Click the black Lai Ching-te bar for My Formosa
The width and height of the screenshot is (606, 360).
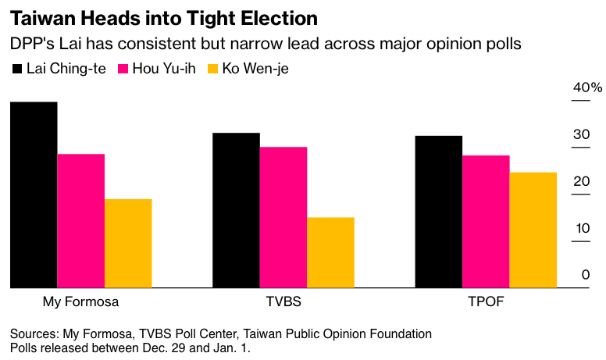click(34, 195)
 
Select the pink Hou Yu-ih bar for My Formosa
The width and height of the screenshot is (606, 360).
click(80, 221)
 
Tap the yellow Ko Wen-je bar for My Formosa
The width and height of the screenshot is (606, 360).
click(128, 244)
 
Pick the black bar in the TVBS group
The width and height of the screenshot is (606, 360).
click(236, 211)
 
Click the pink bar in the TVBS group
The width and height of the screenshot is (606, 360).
click(283, 218)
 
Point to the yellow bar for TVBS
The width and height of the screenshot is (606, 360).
click(330, 253)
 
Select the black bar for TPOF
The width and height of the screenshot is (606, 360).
click(438, 212)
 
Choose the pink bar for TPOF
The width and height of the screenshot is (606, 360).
click(486, 222)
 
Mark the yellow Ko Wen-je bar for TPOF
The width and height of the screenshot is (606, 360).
click(533, 230)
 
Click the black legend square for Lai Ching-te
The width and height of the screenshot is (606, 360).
click(18, 69)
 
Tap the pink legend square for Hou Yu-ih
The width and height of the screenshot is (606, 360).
click(122, 69)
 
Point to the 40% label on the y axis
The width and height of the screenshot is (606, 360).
click(587, 87)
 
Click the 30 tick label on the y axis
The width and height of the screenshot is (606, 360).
click(580, 134)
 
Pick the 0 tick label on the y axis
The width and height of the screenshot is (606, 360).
click(585, 275)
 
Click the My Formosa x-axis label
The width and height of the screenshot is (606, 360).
click(80, 301)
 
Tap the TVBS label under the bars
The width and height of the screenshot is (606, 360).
click(283, 301)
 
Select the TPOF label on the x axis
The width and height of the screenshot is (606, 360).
click(486, 301)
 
